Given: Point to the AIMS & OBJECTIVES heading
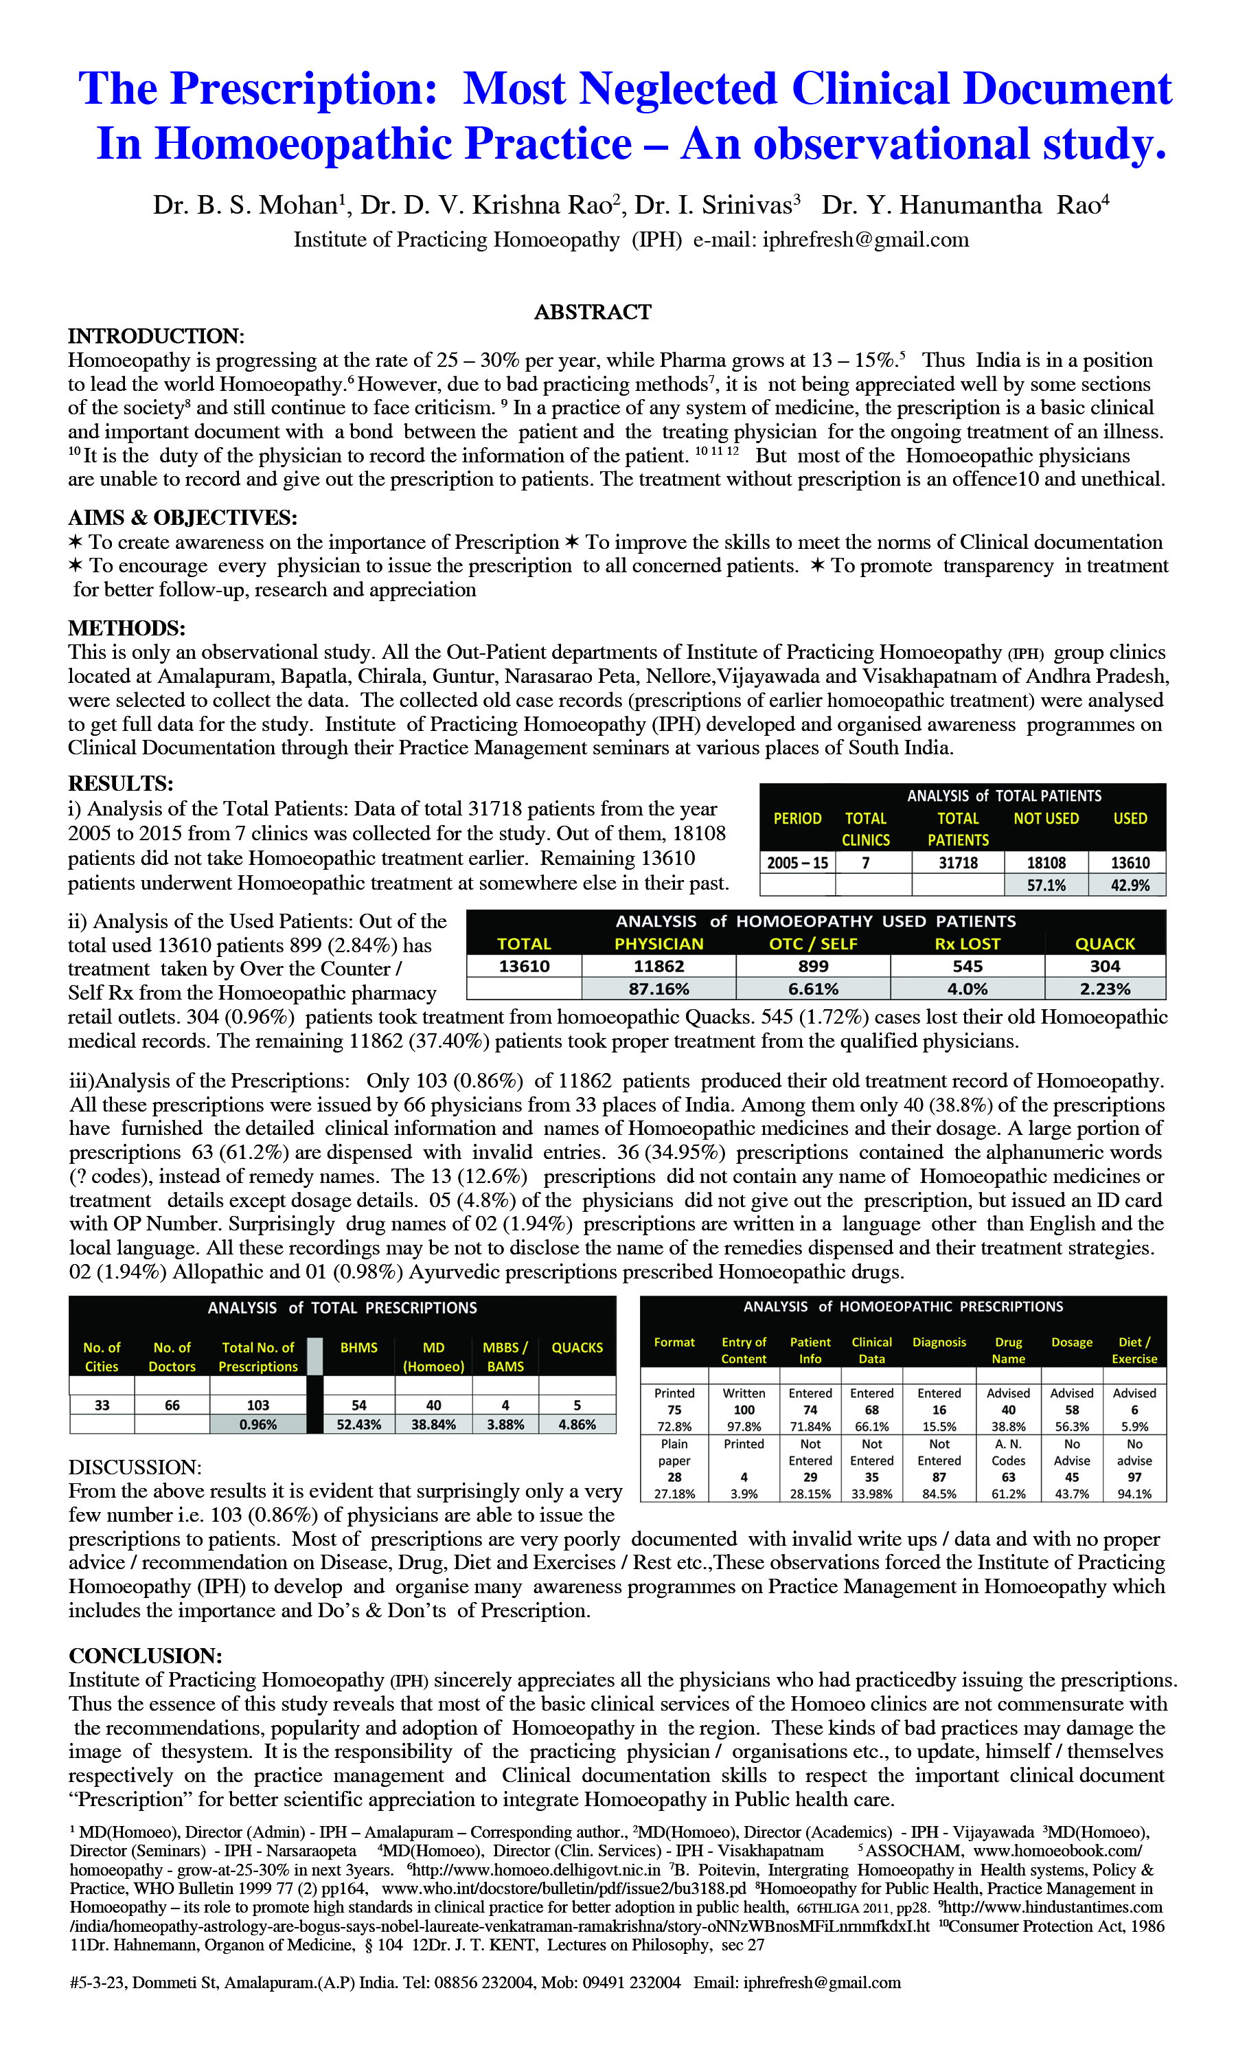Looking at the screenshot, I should (183, 517).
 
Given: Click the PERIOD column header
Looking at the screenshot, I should (797, 819).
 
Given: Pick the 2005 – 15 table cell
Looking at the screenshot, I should (797, 863).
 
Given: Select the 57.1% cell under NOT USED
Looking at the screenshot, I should (1045, 886).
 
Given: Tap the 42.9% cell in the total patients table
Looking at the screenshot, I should (1130, 886).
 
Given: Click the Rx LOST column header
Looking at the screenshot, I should (967, 944).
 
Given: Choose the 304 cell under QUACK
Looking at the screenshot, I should (1104, 967).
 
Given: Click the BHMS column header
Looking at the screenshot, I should (359, 1347).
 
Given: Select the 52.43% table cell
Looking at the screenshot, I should (359, 1425).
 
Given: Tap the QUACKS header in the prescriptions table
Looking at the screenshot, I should (577, 1347).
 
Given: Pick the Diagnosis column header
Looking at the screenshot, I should (939, 1342).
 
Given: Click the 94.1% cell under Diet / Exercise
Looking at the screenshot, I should (1134, 1494).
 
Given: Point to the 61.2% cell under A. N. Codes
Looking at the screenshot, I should (1008, 1494).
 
